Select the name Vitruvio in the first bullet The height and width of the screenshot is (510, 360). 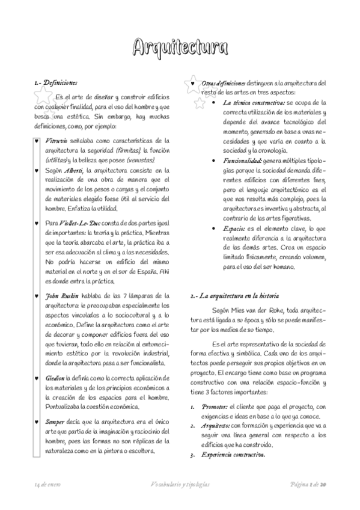coord(56,140)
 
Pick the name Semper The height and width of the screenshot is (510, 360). coord(57,422)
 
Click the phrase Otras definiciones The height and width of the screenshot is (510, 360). coord(224,83)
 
